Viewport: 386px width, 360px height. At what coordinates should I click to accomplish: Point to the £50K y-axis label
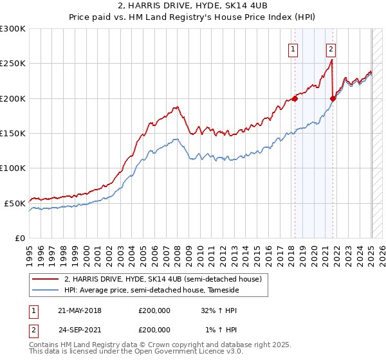(x=15, y=203)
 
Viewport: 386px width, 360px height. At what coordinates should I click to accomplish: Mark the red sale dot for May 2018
(x=295, y=98)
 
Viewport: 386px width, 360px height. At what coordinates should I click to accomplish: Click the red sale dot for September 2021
(x=333, y=98)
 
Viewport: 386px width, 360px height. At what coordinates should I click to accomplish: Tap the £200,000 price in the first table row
(x=154, y=311)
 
